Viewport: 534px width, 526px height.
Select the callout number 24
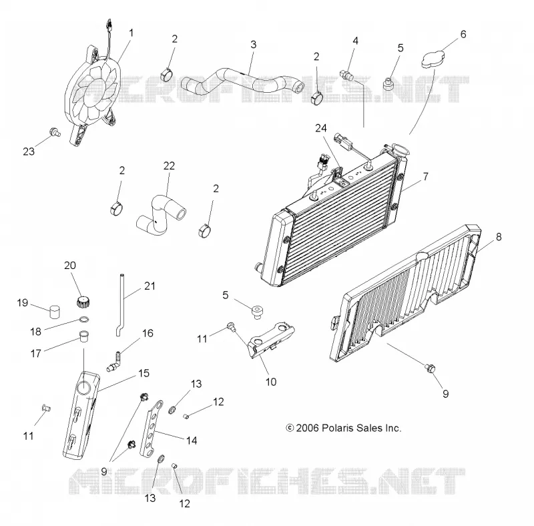tap(321, 128)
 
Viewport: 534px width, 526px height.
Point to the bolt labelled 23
tap(54, 132)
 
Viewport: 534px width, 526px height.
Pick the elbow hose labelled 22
tap(160, 215)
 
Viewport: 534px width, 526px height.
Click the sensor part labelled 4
tap(346, 75)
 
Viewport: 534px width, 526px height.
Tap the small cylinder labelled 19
tap(55, 311)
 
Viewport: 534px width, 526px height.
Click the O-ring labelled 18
tap(85, 320)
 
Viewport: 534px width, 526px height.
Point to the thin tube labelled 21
tap(121, 305)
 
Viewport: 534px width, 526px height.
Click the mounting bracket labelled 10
tap(272, 339)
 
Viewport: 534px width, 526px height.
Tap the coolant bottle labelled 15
tap(81, 415)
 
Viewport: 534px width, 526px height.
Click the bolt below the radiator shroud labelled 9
tap(430, 368)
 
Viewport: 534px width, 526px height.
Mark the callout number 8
tap(499, 237)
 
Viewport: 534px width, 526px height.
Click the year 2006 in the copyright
tap(307, 428)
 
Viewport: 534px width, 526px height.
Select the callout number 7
tap(426, 176)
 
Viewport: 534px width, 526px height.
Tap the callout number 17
tap(36, 354)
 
